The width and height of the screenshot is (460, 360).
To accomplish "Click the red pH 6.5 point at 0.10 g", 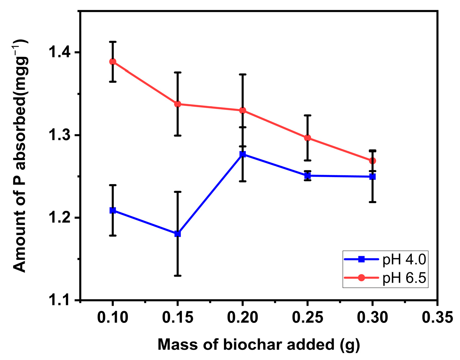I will pos(113,62).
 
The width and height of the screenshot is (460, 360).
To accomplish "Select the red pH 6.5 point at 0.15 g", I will pos(178,104).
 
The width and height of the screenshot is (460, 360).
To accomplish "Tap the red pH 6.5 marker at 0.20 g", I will pos(243,111).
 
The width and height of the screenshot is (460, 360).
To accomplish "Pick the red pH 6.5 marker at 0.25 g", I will pos(308,138).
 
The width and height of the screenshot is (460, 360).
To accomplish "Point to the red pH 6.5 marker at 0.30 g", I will pos(372,161).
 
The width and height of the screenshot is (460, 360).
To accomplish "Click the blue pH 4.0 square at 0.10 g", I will pos(113,210).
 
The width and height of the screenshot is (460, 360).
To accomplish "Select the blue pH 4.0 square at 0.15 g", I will pos(178,234).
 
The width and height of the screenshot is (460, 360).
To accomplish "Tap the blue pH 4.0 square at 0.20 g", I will pos(243,154).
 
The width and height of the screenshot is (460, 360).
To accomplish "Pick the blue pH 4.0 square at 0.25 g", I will pos(308,176).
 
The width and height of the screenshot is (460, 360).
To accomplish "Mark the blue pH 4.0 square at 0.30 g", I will pos(372,177).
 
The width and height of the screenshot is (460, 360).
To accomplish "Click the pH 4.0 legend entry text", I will pos(404,260).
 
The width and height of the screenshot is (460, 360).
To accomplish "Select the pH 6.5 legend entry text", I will pos(404,278).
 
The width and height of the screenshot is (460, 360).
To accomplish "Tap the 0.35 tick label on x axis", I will pos(437,318).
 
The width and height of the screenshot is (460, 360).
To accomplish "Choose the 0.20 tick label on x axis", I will pos(243,318).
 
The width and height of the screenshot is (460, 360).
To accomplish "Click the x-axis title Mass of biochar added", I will pos(259,344).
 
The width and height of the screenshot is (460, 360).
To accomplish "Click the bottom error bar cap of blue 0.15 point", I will pos(178,276).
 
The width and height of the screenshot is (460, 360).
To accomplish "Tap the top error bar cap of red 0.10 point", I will pos(113,42).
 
